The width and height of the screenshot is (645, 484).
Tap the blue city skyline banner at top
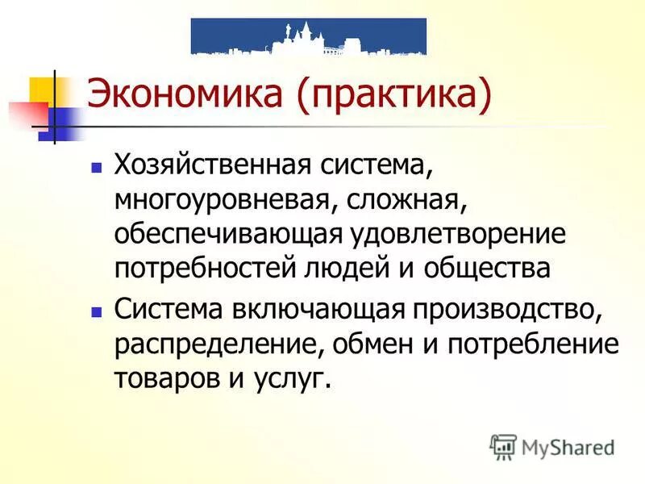308,36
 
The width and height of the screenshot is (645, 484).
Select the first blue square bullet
97,169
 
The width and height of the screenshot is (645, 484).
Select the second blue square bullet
97,310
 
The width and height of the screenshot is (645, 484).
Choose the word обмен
372,343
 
